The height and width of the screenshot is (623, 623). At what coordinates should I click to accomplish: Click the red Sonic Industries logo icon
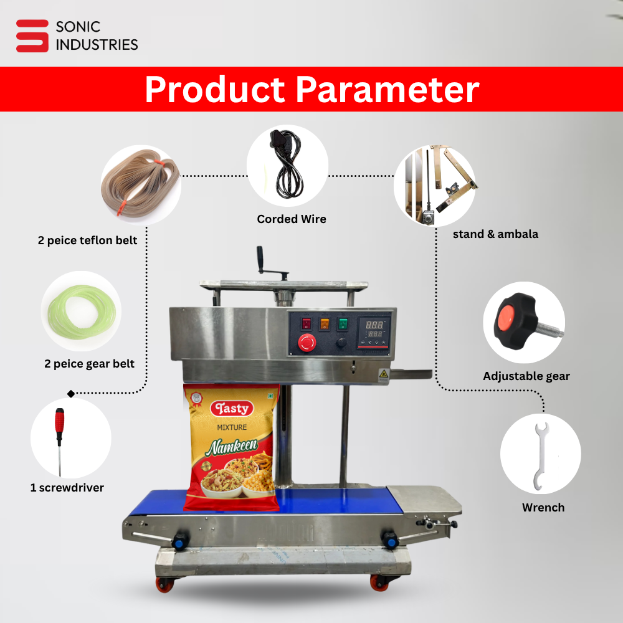(32, 36)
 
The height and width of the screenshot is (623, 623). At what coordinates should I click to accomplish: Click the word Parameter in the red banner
(388, 89)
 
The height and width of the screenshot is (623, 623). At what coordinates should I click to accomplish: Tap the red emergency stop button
(307, 342)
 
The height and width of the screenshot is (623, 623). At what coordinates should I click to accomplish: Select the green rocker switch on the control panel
(343, 324)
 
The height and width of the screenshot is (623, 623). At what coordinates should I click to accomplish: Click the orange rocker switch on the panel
(325, 324)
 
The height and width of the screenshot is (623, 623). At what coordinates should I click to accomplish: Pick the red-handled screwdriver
(60, 442)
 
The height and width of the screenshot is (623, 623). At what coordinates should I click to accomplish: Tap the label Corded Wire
(292, 219)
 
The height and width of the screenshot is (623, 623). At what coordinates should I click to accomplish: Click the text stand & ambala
(495, 234)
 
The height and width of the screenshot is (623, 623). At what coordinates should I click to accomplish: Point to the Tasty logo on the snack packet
(232, 409)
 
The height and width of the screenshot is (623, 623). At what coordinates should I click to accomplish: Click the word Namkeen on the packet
(232, 447)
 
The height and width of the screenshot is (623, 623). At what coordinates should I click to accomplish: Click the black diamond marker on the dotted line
(71, 394)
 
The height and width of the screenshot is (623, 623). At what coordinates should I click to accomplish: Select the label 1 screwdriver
(67, 488)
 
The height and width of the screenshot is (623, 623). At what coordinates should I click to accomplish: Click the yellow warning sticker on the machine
(383, 374)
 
